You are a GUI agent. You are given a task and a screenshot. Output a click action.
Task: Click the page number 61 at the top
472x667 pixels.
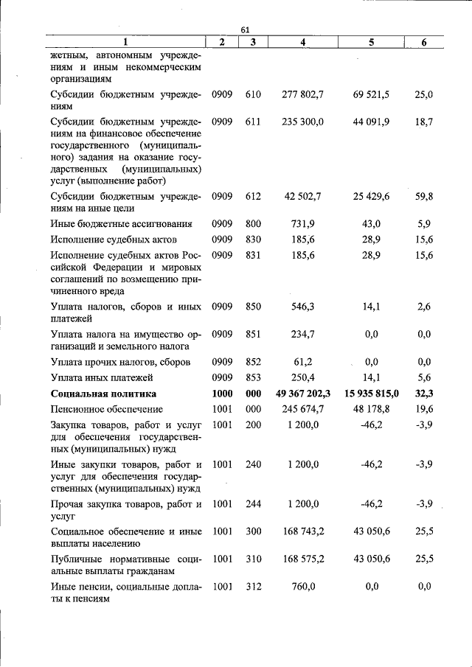point(246,29)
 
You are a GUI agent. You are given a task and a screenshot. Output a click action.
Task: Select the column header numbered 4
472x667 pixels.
point(303,43)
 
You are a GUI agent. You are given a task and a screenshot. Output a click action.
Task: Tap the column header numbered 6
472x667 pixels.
point(423,43)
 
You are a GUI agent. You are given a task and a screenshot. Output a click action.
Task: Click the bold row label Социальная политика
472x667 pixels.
point(103,394)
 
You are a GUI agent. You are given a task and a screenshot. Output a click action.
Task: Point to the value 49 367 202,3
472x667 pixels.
point(303,394)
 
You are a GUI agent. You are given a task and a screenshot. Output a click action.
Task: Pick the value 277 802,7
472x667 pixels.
point(303,95)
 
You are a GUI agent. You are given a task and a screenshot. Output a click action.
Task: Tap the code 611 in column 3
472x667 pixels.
point(253,122)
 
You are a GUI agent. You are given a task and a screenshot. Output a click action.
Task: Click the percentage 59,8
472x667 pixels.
point(423,197)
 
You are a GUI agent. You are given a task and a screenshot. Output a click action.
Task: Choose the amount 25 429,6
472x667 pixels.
point(372,197)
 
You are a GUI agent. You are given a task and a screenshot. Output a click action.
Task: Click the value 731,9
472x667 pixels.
point(303,223)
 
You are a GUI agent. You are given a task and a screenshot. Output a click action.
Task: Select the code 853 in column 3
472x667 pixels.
point(253,377)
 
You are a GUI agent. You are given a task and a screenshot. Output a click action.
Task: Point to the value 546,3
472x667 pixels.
point(303,307)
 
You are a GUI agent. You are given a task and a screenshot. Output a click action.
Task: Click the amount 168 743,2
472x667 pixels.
point(303,531)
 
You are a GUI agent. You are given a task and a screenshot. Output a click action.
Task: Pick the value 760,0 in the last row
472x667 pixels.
point(303,587)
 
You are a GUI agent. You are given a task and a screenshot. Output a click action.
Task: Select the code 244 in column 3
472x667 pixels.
point(253,504)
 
